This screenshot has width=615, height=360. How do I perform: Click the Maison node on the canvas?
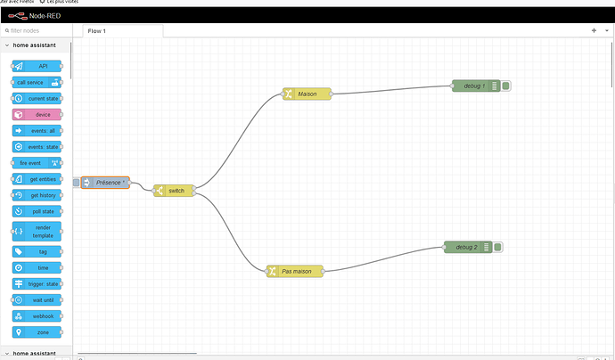pos(307,94)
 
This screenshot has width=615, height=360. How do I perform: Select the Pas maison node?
pos(294,270)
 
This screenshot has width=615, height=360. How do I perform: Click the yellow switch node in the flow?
pos(174,191)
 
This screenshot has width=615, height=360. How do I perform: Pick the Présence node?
pos(105,183)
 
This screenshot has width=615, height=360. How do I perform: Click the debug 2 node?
pos(466,247)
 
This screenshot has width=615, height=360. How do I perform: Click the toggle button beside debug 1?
pos(505,86)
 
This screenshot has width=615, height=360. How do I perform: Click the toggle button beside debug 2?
pos(497,247)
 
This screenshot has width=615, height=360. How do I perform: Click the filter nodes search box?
pos(36,30)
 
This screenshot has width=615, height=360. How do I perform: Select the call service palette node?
pos(37,82)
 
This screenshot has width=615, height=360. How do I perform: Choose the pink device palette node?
pos(37,114)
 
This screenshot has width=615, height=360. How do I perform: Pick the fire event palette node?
pos(37,162)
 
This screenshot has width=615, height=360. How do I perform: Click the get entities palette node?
pos(37,179)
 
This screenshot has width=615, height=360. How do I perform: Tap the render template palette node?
pos(37,231)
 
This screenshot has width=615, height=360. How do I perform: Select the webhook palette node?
pos(37,315)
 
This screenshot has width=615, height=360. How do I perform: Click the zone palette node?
pos(37,331)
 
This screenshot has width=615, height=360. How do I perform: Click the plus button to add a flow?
pos(594,30)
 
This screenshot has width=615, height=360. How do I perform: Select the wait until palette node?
pos(37,299)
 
